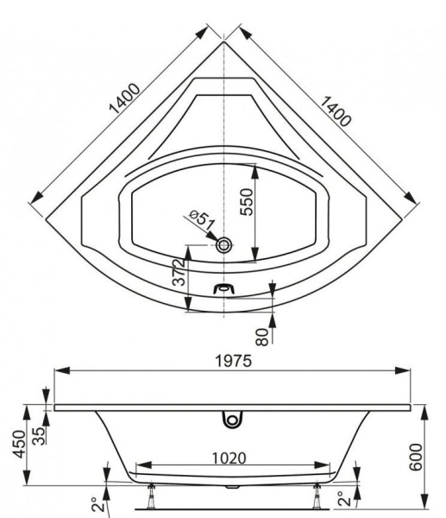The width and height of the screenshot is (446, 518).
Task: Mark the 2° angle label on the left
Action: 97,502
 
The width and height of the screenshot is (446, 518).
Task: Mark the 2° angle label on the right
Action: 343,500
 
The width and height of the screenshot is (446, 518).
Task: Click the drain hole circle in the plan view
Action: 224,245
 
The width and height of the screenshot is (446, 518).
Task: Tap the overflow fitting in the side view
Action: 230,419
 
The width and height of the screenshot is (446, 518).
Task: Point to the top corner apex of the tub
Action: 224,41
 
